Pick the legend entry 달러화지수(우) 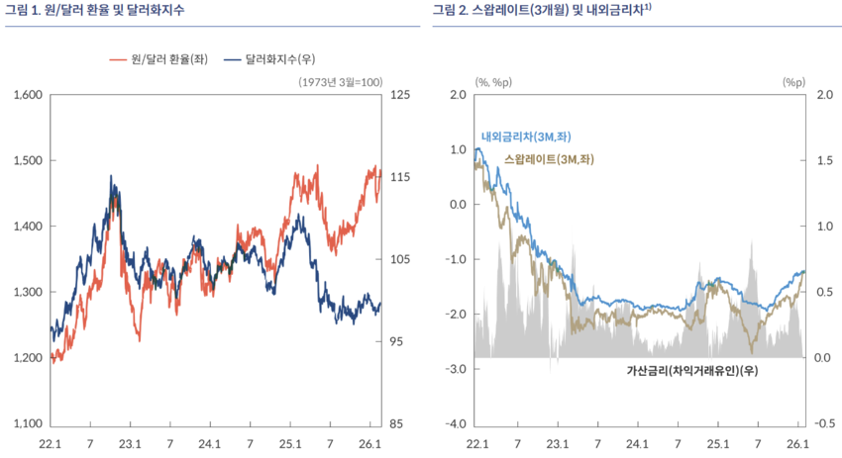(x=280, y=59)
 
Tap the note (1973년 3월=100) (x=340, y=82)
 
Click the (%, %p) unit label (x=491, y=82)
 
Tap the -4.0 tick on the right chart (x=454, y=424)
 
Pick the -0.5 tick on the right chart (x=824, y=424)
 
